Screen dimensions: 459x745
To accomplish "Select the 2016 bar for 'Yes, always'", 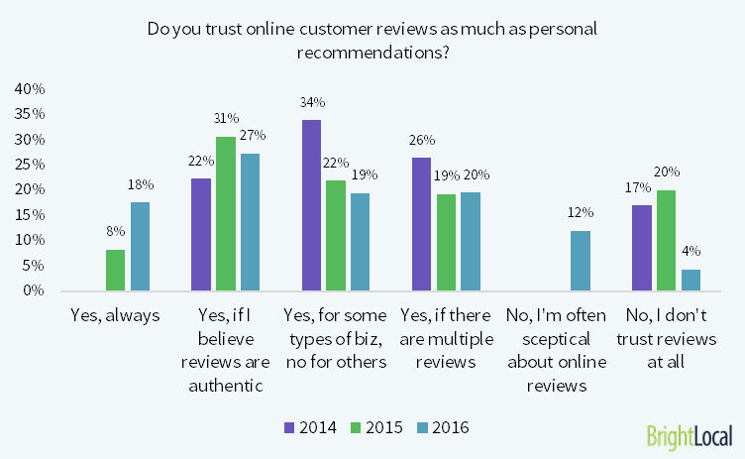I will point(140,247).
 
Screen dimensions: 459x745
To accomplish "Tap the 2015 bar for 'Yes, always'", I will point(115,270).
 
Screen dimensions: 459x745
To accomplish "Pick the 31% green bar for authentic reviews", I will point(227,213).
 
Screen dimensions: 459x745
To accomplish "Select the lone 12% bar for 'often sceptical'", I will point(580,261).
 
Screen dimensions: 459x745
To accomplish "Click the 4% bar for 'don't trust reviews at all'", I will point(691,280).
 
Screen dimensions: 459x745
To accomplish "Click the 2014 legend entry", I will point(310,428).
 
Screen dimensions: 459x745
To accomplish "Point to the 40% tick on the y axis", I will point(29,89).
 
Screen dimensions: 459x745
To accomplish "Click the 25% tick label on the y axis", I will point(29,165).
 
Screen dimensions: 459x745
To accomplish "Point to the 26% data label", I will point(422,140).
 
